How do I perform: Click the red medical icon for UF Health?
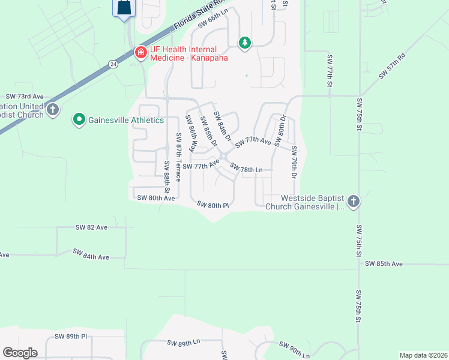tap(140, 53)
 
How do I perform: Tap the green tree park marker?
tap(244, 43)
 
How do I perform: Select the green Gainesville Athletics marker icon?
tap(79, 120)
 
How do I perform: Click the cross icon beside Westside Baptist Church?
tap(353, 201)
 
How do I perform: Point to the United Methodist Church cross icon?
tap(53, 109)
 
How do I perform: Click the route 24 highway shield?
tap(113, 63)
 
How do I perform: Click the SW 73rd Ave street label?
tap(25, 96)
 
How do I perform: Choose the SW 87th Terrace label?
tap(178, 158)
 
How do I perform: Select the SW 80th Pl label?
tap(214, 205)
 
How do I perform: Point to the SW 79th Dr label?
tap(294, 161)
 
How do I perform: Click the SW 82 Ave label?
tap(91, 227)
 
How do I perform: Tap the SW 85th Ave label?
tap(385, 263)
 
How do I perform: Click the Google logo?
tap(19, 353)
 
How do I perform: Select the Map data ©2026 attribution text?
tap(423, 355)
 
